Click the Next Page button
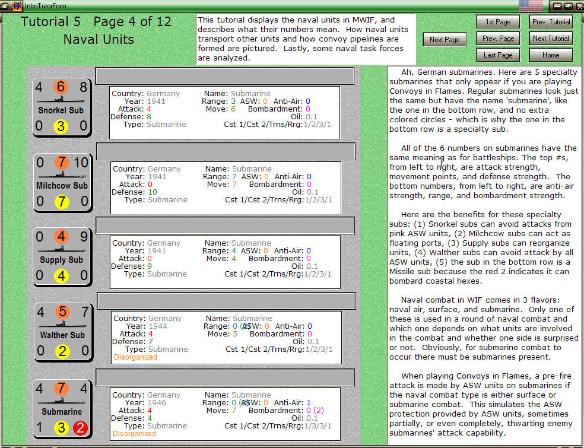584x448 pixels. coord(445,40)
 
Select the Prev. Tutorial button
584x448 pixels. coord(551,22)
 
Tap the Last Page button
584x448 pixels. coord(497,55)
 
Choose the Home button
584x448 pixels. coord(551,55)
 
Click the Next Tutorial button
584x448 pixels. coord(551,39)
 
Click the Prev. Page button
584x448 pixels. coord(497,39)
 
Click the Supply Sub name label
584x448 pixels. coord(61,260)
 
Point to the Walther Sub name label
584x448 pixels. coord(62,335)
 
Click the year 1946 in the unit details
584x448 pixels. coord(157,403)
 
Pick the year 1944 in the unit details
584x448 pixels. coord(157,326)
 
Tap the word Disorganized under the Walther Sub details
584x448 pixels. coord(135,357)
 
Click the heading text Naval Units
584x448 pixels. coord(99,40)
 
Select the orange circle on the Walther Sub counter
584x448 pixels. coord(62,312)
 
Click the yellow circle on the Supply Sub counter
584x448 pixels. coord(61,276)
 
